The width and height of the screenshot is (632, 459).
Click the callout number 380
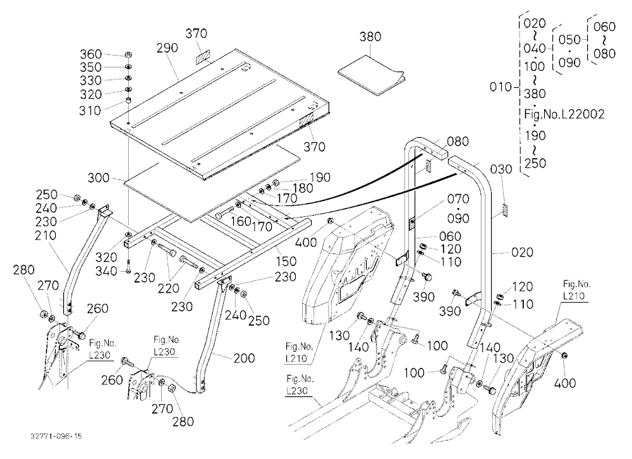point(370,37)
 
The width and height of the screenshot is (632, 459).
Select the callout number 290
point(167,48)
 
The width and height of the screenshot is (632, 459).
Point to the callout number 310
point(90,111)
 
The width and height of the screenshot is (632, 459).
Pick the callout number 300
point(99,178)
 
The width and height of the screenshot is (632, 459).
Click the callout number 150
point(286,261)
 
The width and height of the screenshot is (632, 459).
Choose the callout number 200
point(244,358)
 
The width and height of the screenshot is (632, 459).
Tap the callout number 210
point(46,235)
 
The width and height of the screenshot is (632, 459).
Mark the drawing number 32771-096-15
point(56,436)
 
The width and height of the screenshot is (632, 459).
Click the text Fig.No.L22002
point(564,114)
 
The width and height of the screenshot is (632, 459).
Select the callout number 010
point(501,87)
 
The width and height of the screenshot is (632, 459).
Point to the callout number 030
point(501,169)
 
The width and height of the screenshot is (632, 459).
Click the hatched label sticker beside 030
point(504,210)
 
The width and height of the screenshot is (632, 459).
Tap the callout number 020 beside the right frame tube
point(523,252)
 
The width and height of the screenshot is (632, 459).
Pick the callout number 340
point(106,271)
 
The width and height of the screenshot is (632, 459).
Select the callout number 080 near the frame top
point(458,142)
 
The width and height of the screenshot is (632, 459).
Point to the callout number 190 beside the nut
point(320,178)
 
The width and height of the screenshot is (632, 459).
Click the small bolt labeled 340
point(128,266)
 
